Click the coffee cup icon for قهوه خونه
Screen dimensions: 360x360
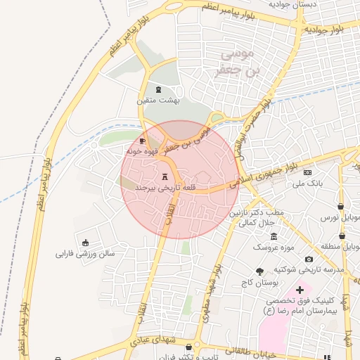[x=143, y=141]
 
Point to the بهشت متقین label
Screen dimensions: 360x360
[x=159, y=101]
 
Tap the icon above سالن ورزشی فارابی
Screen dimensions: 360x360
[x=86, y=242]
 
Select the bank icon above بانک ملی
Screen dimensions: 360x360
[x=307, y=172]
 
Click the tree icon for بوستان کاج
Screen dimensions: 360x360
[x=260, y=271]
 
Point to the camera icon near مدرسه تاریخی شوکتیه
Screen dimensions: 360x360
[x=309, y=259]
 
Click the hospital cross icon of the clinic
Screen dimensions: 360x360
[x=300, y=290]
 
